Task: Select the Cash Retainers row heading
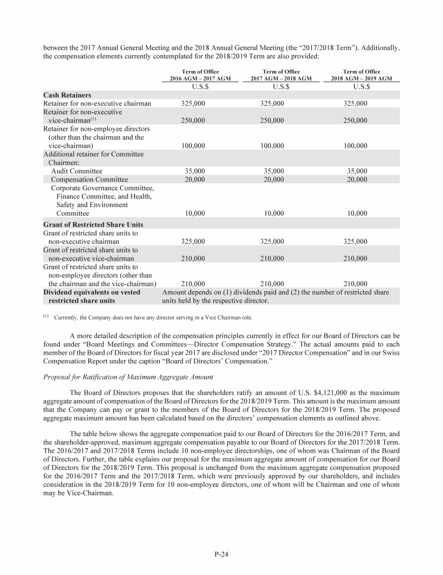[67, 95]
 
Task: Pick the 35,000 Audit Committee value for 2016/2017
[194, 171]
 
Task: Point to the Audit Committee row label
[77, 171]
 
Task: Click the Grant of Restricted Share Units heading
[93, 224]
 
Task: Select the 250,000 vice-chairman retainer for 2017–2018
[273, 121]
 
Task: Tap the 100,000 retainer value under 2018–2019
[355, 146]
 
